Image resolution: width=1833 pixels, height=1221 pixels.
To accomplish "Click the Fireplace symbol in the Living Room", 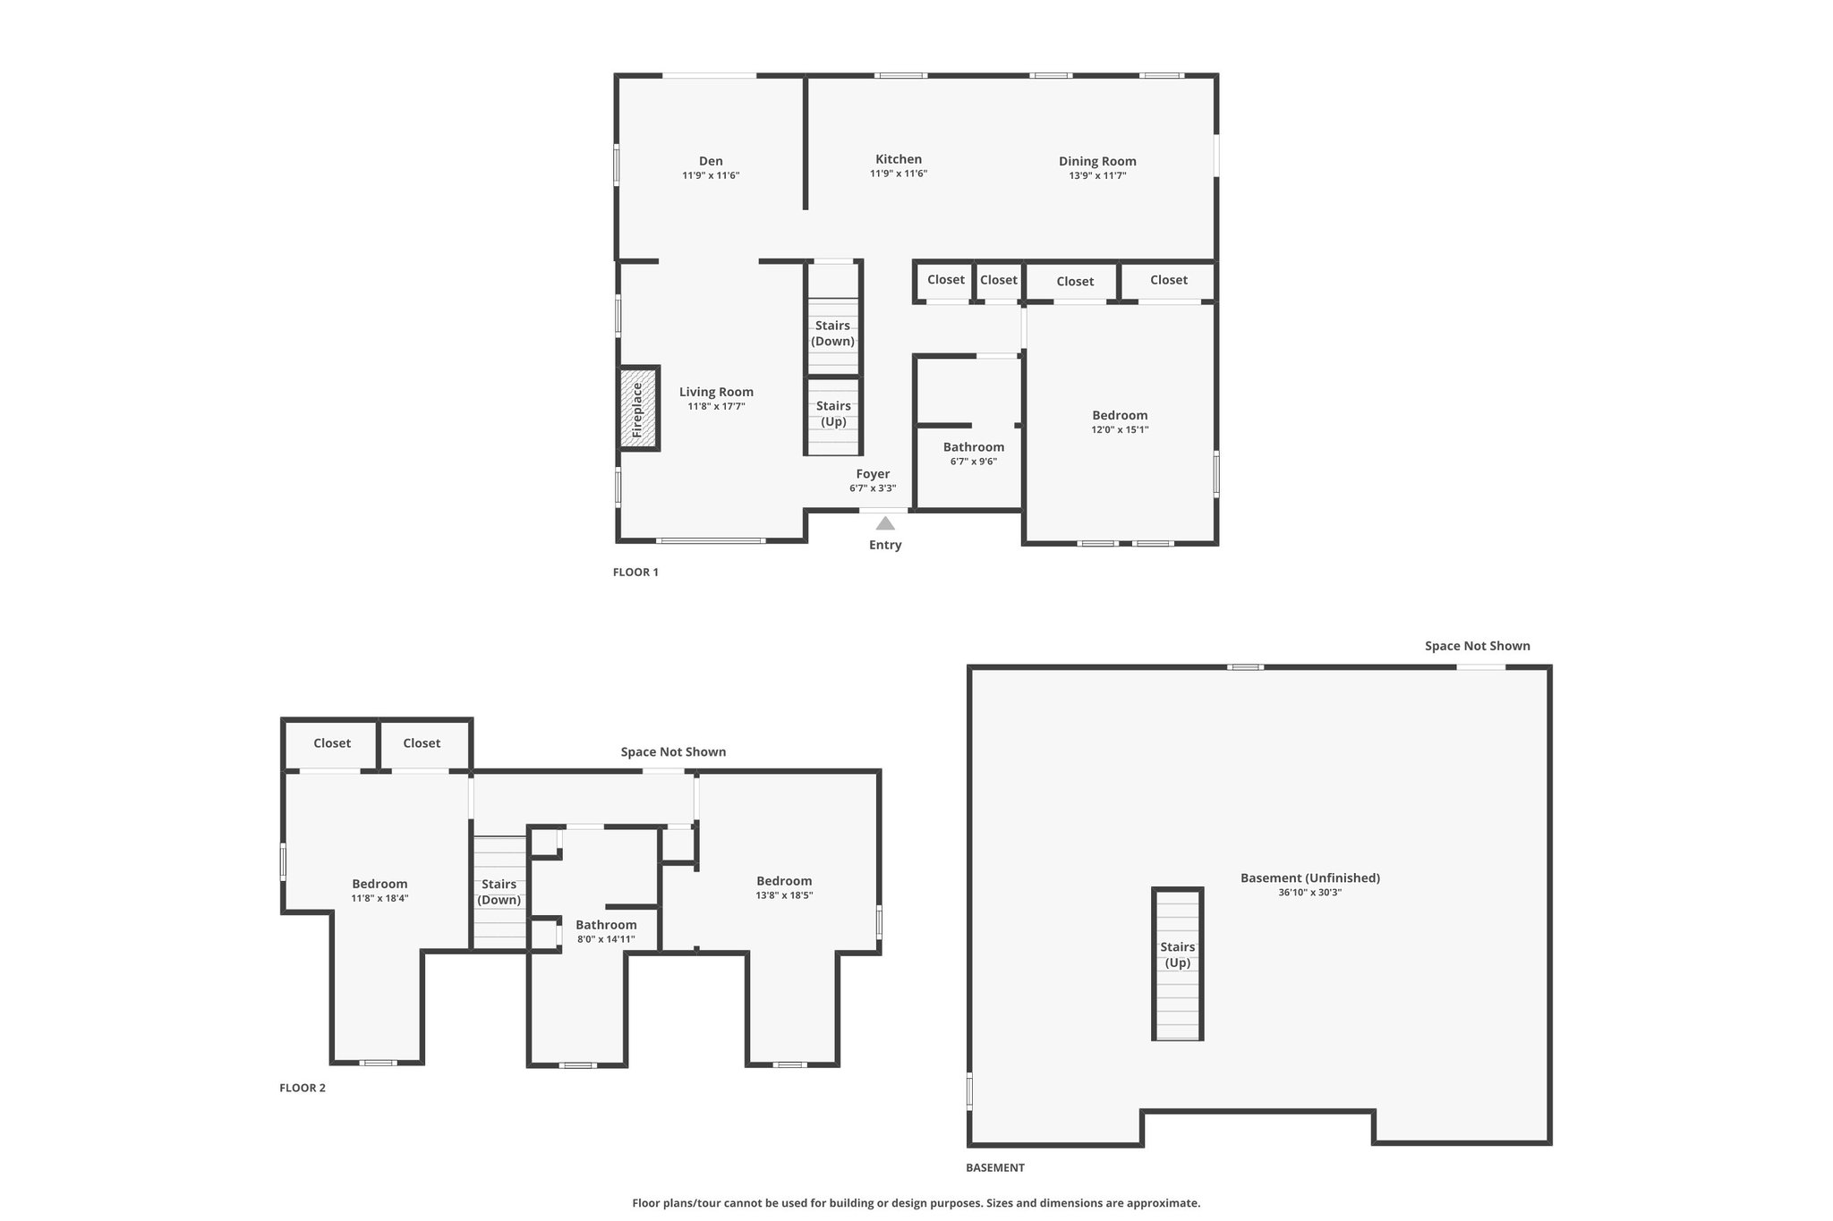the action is pyautogui.click(x=639, y=408).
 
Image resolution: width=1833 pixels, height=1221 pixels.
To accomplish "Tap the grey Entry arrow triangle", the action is pyautogui.click(x=885, y=523).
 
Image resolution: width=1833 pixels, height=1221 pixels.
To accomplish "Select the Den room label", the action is pyautogui.click(x=711, y=161).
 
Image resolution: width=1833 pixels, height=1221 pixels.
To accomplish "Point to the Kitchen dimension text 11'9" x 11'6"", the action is pyautogui.click(x=899, y=174).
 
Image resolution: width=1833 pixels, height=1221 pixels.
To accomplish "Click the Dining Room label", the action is pyautogui.click(x=1097, y=161).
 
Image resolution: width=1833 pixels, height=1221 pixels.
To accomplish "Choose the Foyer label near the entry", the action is pyautogui.click(x=873, y=474).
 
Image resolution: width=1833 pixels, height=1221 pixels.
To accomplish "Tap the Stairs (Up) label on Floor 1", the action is pyautogui.click(x=833, y=414).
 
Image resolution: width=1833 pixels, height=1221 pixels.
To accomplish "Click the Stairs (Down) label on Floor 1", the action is pyautogui.click(x=833, y=334).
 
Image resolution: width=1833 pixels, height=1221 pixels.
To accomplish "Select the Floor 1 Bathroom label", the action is pyautogui.click(x=974, y=447).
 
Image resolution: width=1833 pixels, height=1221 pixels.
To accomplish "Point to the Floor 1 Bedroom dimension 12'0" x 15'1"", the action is pyautogui.click(x=1120, y=429).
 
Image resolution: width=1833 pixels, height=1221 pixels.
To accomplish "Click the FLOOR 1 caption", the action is pyautogui.click(x=635, y=572).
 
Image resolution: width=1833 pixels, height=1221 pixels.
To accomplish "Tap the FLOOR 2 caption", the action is pyautogui.click(x=303, y=1089).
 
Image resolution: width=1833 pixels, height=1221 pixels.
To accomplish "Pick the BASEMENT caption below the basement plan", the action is pyautogui.click(x=995, y=1167).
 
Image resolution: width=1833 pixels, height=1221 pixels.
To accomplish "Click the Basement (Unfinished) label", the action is pyautogui.click(x=1310, y=878).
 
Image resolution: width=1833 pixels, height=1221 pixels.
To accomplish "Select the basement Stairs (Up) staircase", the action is pyautogui.click(x=1177, y=964).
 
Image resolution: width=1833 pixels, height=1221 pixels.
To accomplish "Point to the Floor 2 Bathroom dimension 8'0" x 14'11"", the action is pyautogui.click(x=607, y=939).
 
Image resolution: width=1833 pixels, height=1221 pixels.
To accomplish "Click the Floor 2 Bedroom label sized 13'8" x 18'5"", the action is pyautogui.click(x=784, y=881).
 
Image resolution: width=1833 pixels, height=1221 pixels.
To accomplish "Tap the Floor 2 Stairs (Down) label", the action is pyautogui.click(x=499, y=892).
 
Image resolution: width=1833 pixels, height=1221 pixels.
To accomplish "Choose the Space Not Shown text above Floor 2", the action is pyautogui.click(x=673, y=752).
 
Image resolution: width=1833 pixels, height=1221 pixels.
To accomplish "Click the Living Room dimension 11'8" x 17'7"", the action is pyautogui.click(x=716, y=406).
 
